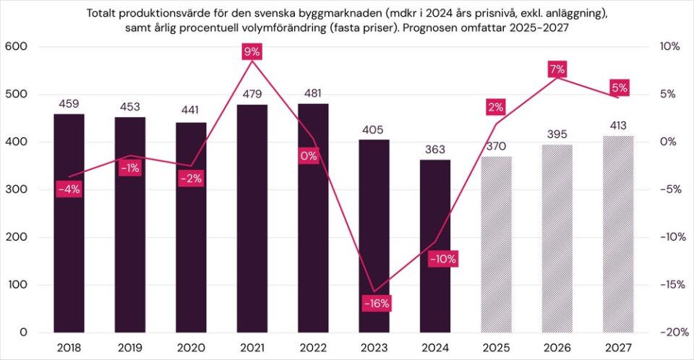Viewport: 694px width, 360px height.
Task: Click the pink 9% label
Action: pos(252,51)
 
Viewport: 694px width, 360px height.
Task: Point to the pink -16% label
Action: pos(376,304)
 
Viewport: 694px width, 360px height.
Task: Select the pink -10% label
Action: pos(442,259)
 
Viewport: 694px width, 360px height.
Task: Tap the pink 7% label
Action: pos(557,69)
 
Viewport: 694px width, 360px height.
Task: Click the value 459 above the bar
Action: pos(69,104)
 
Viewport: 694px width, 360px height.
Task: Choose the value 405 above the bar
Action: pos(374,130)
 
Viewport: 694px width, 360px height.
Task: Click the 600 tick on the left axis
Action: pos(17,47)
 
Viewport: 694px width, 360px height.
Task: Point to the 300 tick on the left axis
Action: pos(17,190)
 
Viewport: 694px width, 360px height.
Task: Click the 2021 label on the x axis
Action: pos(252,347)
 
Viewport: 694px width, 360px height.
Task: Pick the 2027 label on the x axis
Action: pos(618,347)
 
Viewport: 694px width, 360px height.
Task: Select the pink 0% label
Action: pos(309,156)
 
